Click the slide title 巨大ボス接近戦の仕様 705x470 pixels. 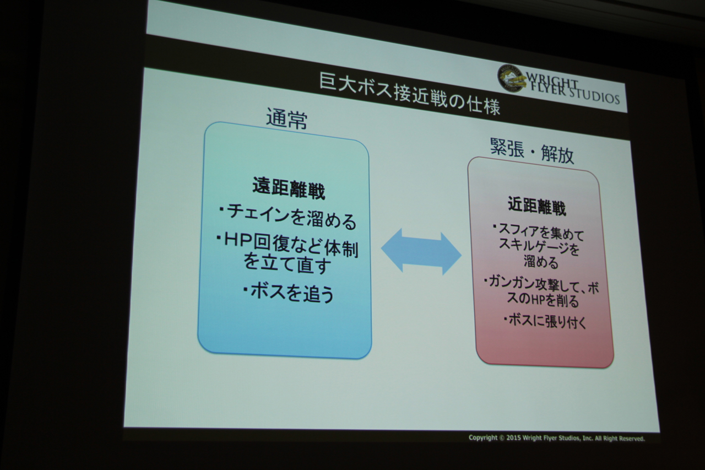click(409, 94)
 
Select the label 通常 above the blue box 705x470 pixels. click(287, 119)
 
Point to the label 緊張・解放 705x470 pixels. click(532, 151)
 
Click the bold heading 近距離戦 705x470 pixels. click(537, 207)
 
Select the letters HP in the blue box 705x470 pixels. click(238, 242)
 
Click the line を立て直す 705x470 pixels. click(288, 264)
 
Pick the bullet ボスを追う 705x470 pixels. click(289, 293)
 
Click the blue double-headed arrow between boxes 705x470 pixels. click(421, 252)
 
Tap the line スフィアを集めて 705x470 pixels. click(539, 233)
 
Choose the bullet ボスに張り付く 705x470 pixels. click(545, 322)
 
